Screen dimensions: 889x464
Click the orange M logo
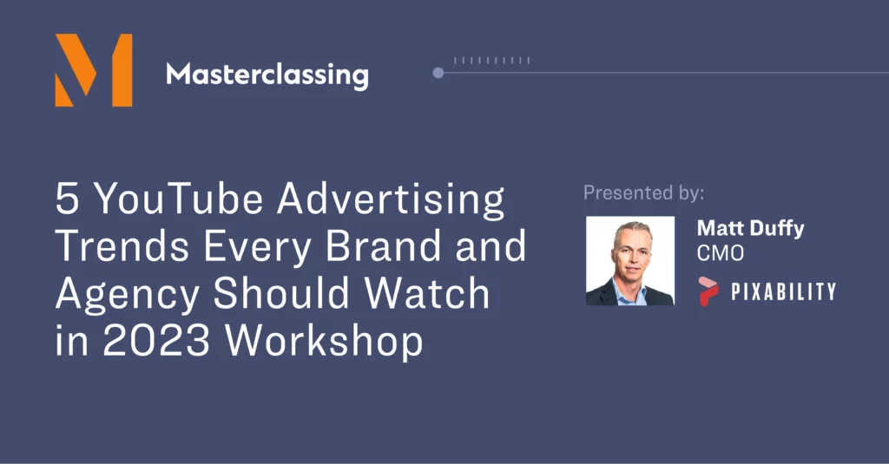coord(94,70)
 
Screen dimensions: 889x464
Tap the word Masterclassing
coord(267,76)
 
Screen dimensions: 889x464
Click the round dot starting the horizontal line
coord(438,73)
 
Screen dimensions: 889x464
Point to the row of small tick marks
coord(491,60)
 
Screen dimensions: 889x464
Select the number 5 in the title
coord(67,199)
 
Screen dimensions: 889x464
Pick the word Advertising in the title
coord(391,201)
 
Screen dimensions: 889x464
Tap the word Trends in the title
coord(123,246)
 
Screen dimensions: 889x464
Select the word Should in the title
coord(281,293)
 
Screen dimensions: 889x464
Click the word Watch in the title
coord(426,293)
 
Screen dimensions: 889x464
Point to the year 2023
coord(156,341)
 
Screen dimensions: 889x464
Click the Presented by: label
coord(644,193)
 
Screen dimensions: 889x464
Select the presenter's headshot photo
coord(630,261)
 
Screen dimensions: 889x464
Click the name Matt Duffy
coord(751,228)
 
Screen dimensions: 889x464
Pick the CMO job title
coord(720,253)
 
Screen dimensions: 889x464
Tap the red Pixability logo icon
coord(708,291)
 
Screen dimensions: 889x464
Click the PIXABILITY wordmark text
coord(784,291)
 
